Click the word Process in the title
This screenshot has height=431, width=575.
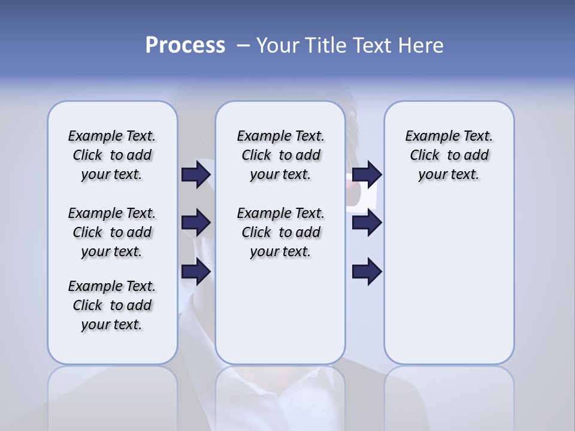click(185, 45)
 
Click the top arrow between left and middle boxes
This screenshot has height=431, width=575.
click(196, 174)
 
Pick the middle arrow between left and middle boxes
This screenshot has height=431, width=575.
click(196, 223)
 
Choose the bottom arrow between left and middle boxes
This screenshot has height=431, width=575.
click(196, 272)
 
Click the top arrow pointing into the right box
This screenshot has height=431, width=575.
click(367, 174)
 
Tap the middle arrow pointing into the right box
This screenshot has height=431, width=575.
click(367, 223)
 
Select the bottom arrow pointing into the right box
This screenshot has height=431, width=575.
click(367, 272)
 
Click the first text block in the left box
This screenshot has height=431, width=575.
click(112, 155)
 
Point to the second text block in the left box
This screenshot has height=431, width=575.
click(112, 232)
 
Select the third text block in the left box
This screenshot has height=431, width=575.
click(112, 305)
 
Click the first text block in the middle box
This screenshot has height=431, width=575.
click(280, 155)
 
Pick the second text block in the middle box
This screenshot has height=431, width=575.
click(280, 232)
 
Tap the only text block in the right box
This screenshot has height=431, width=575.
click(449, 155)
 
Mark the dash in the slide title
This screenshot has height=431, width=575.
click(243, 45)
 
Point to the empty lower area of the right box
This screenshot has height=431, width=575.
click(449, 281)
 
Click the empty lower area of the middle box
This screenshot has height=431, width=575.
click(280, 311)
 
